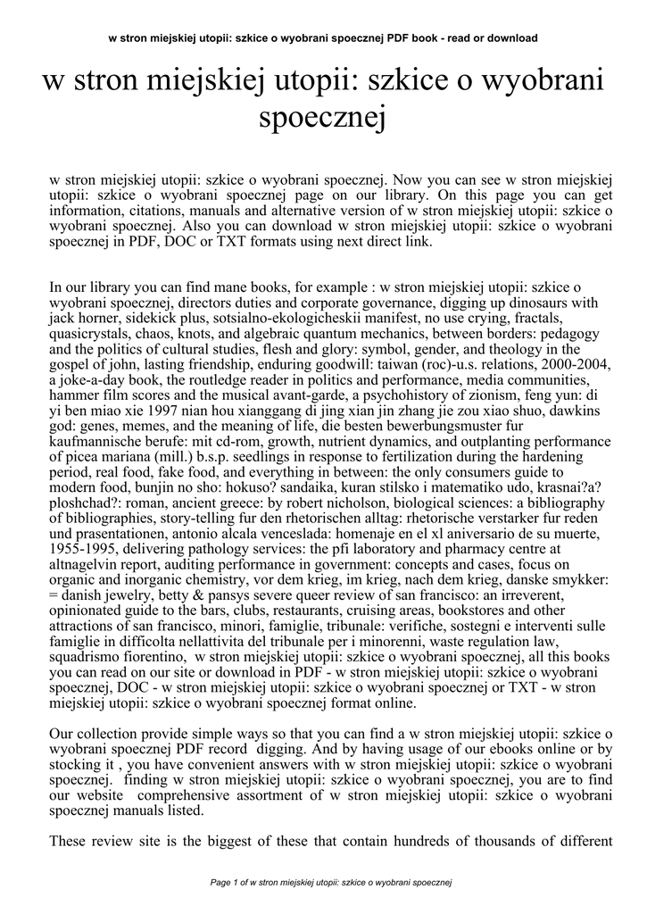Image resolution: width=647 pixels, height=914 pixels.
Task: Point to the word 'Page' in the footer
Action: tap(221, 883)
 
